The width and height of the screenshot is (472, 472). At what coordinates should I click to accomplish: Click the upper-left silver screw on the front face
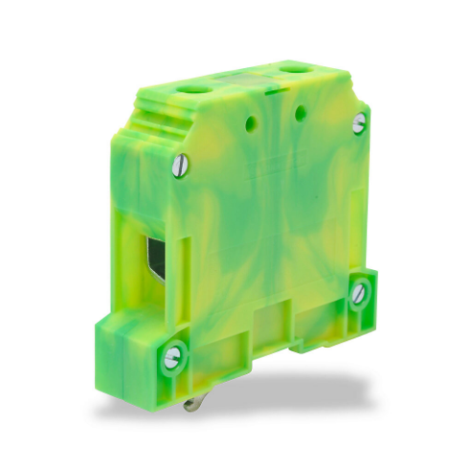[179, 168]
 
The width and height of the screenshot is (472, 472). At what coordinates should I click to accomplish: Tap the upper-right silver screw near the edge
[358, 124]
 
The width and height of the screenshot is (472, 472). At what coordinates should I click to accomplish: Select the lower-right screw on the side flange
[359, 293]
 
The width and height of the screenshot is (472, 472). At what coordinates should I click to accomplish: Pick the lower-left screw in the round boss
[172, 358]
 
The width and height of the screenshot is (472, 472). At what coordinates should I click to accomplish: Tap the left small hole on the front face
[253, 124]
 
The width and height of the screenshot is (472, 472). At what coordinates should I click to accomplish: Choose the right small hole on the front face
[300, 114]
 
